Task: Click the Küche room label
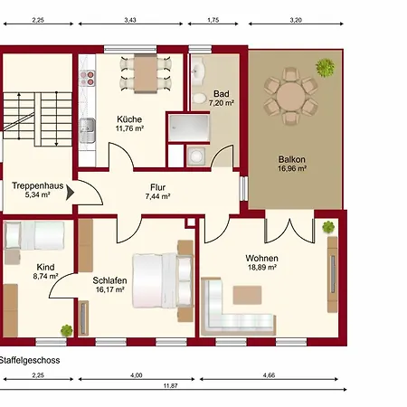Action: point(129,119)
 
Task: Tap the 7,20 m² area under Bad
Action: point(222,103)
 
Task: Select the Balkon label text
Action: point(292,159)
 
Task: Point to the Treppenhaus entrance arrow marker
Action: point(70,193)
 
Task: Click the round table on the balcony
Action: point(291,97)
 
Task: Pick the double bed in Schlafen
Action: point(163,280)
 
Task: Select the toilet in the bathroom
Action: point(199,98)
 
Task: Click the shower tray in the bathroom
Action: point(189,128)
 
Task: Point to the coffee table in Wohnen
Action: point(247,295)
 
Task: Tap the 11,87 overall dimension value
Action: point(171,385)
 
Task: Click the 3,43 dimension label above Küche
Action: point(130,20)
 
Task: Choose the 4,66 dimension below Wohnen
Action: point(269,375)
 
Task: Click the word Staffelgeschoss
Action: point(30,360)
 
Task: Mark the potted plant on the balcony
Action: point(326,68)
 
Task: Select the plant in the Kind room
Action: point(67,330)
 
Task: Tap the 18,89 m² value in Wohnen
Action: point(262,268)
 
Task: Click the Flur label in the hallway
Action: point(158,187)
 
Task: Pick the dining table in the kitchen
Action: point(146,73)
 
